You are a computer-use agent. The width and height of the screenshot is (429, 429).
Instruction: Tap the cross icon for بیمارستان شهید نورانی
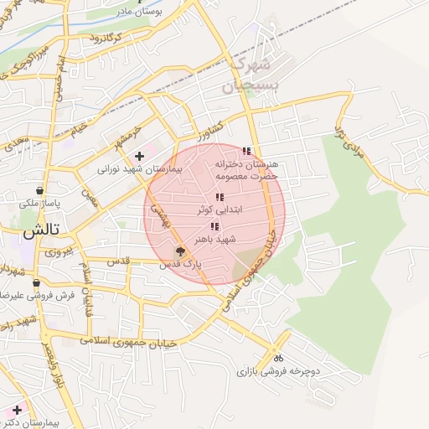pyautogui.click(x=139, y=156)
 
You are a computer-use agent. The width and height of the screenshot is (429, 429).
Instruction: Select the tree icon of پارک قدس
pyautogui.click(x=179, y=251)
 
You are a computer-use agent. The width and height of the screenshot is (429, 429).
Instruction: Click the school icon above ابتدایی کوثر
pyautogui.click(x=220, y=198)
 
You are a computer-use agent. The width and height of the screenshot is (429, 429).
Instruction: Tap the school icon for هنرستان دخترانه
pyautogui.click(x=246, y=152)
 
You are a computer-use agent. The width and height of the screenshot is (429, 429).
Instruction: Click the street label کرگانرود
pyautogui.click(x=106, y=39)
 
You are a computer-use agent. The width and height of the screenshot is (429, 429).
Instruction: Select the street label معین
pyautogui.click(x=90, y=199)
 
